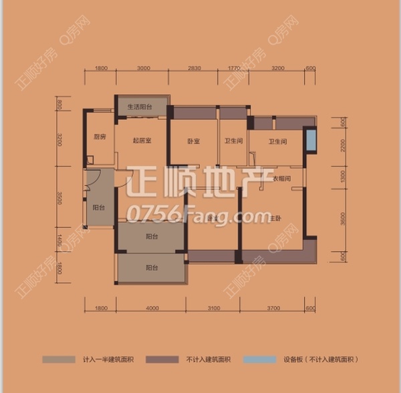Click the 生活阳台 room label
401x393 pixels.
(x=140, y=107)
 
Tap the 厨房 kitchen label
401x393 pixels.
(x=100, y=137)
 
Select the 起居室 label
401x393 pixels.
(x=140, y=140)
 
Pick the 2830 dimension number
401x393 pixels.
(x=194, y=69)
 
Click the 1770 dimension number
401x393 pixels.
(x=233, y=69)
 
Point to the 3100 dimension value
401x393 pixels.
(x=213, y=308)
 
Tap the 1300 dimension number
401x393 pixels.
(x=342, y=177)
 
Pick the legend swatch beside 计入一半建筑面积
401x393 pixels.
(x=59, y=360)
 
